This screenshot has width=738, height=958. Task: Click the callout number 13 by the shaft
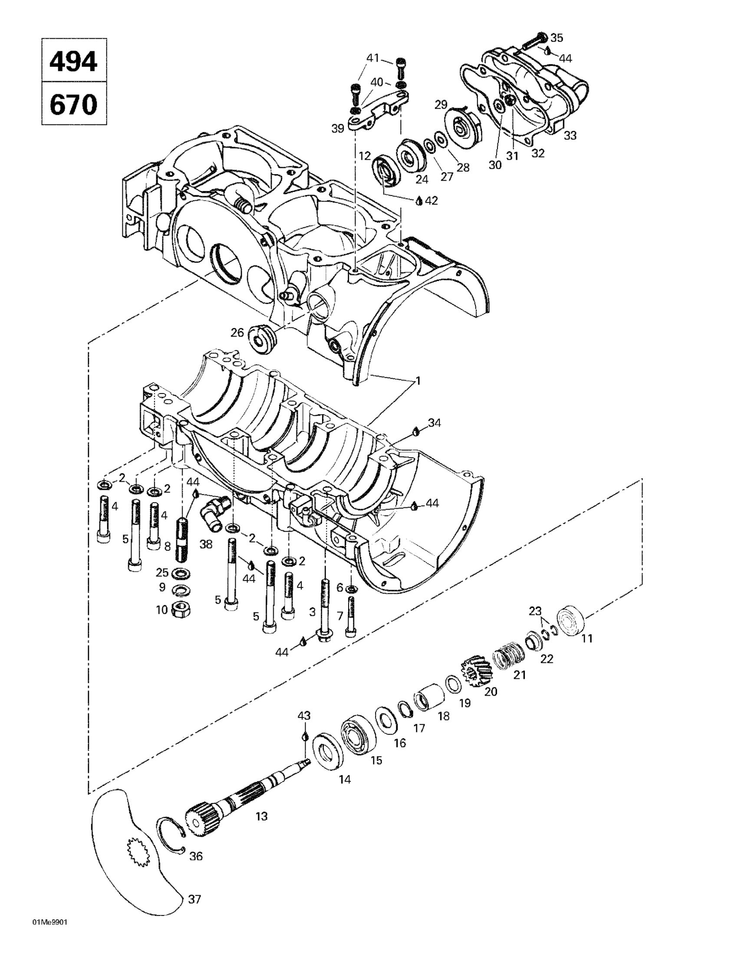click(261, 817)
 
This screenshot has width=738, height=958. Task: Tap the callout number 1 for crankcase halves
click(418, 381)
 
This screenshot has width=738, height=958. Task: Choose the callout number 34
click(435, 423)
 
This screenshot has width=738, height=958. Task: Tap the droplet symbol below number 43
click(304, 736)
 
